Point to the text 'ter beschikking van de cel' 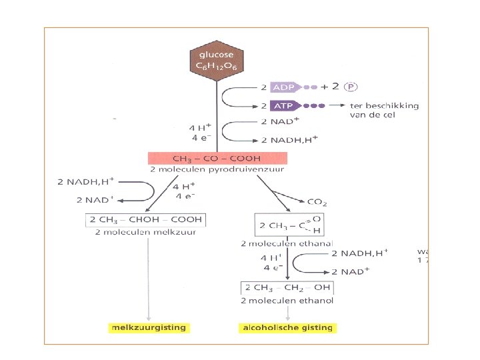point(384,109)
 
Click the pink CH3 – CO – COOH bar point(217,158)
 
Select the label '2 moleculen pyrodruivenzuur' point(217,169)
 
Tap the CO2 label point(317,201)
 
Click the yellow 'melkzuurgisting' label point(149,328)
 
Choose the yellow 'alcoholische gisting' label point(289,328)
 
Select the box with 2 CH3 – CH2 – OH point(287,288)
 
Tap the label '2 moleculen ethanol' point(287,300)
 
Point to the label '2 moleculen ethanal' point(287,244)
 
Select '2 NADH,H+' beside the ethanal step point(360,253)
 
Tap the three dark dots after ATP point(314,106)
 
